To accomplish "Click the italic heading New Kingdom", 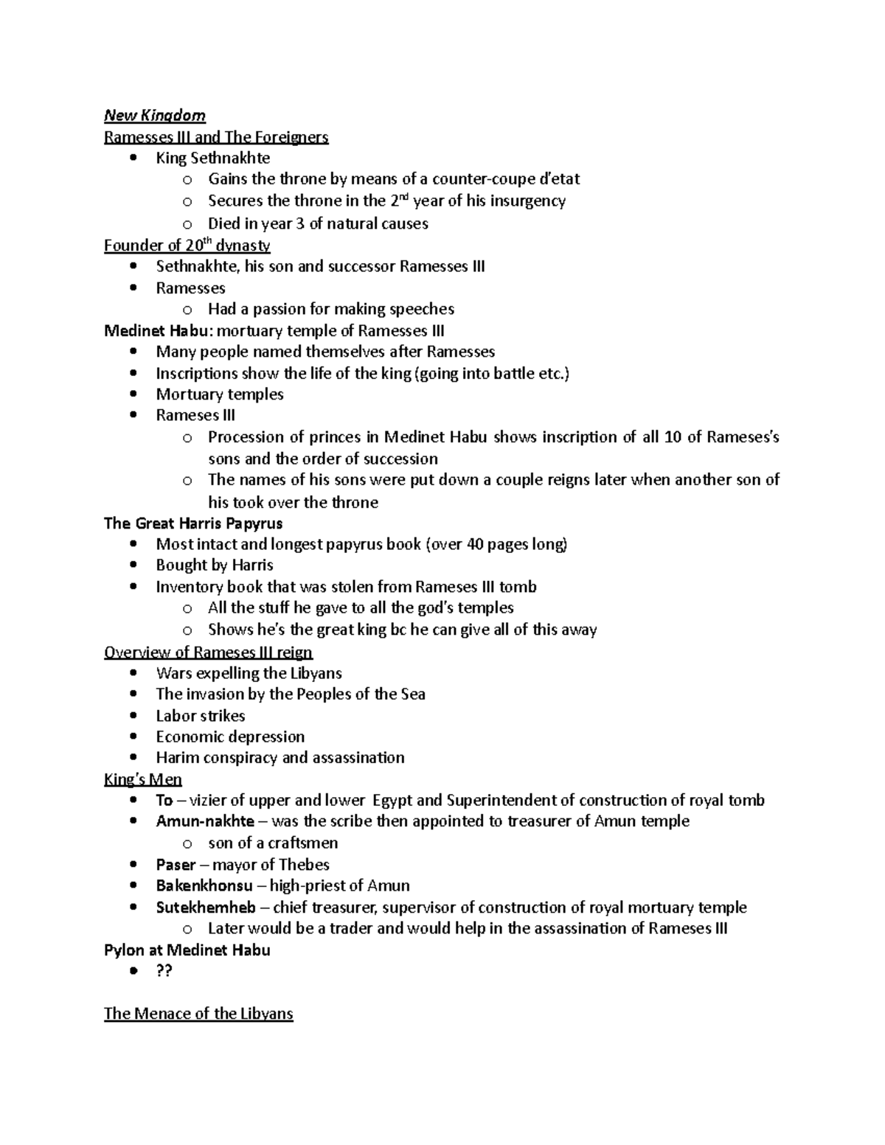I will (154, 115).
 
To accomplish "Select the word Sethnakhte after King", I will (230, 158).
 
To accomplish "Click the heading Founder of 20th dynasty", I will (187, 246).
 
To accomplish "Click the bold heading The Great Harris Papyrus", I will (192, 523).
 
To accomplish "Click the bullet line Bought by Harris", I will (214, 565).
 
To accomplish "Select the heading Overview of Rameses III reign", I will (208, 652).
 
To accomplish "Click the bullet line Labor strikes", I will (200, 716).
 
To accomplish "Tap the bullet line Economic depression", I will (229, 737).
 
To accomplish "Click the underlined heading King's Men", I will (142, 779).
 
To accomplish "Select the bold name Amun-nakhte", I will (204, 821).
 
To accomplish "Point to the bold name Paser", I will (176, 864).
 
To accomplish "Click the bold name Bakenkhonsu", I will (204, 885).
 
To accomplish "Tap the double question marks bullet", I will (164, 971).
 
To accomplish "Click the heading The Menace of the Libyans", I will (198, 1014).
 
